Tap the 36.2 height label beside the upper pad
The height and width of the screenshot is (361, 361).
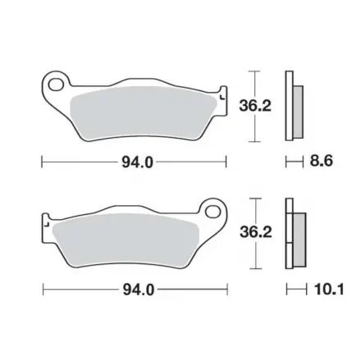pyautogui.click(x=255, y=106)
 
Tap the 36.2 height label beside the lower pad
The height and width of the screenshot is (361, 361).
pyautogui.click(x=256, y=232)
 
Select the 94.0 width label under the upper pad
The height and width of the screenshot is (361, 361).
pyautogui.click(x=137, y=163)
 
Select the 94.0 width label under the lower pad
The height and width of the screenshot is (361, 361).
pyautogui.click(x=139, y=290)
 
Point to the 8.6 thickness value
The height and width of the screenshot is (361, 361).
pyautogui.click(x=322, y=161)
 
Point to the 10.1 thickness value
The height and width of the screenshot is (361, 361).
pyautogui.click(x=329, y=290)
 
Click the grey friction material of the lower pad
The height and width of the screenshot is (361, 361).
pyautogui.click(x=126, y=240)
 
